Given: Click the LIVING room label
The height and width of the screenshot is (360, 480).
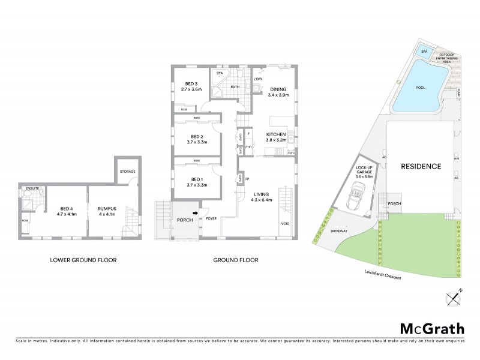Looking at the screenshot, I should click(x=262, y=194).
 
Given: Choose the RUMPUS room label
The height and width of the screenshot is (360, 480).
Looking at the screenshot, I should click(x=107, y=208).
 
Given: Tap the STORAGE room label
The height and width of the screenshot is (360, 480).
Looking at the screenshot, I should click(x=127, y=172).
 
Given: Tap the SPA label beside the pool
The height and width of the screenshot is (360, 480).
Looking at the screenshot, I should click(x=425, y=52).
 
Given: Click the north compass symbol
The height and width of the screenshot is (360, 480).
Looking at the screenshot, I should click(x=451, y=299).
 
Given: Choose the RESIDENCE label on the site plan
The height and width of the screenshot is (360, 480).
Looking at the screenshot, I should click(x=421, y=166).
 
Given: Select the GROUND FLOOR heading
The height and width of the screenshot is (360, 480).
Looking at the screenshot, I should click(x=235, y=260).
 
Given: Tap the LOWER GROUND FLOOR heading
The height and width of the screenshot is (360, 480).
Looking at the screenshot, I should click(x=83, y=260).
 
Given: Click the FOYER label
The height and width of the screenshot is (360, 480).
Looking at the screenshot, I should click(x=211, y=219).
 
